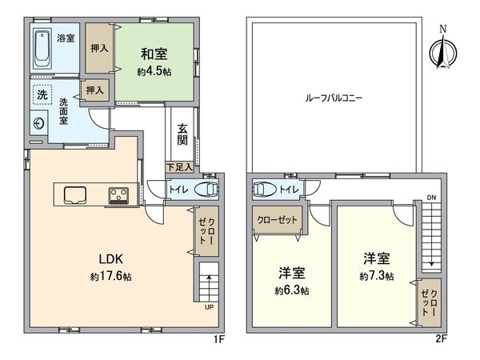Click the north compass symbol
click(441, 50)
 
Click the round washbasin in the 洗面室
click(39, 124)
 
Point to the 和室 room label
click(154, 54)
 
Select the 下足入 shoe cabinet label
click(179, 167)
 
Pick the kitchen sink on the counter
click(75, 194)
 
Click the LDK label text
click(110, 260)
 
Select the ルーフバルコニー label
click(334, 98)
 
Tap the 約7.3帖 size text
click(376, 276)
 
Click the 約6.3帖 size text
click(293, 289)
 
